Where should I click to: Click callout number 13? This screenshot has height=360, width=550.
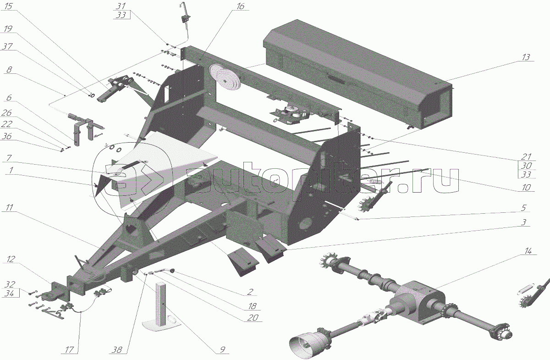(x=525, y=57)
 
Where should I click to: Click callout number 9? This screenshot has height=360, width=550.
(x=222, y=350)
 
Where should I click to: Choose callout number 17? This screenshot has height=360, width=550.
(x=68, y=350)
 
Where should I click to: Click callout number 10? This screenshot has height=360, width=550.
(x=526, y=187)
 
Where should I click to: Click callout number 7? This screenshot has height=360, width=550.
(x=9, y=158)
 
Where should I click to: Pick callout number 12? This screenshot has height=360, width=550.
(x=9, y=260)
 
